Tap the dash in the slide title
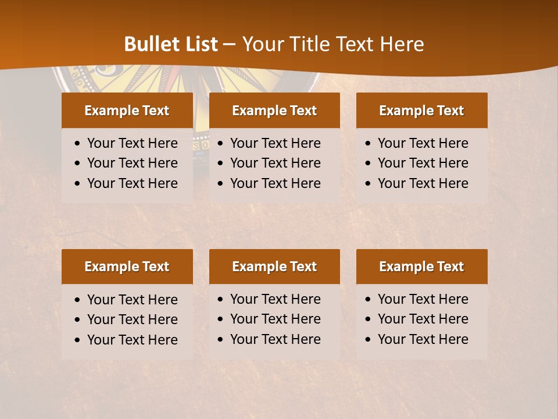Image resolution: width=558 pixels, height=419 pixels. [x=229, y=45]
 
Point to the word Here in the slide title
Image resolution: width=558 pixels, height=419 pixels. [x=402, y=44]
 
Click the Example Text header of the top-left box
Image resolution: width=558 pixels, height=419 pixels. [x=127, y=111]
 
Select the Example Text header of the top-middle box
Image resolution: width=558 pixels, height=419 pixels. [x=274, y=111]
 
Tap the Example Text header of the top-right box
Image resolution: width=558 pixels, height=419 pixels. [x=421, y=111]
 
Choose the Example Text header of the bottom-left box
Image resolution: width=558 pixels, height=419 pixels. [x=127, y=267]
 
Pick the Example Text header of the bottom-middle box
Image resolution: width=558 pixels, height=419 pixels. [x=274, y=267]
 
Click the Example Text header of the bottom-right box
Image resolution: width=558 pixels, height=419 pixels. [x=421, y=267]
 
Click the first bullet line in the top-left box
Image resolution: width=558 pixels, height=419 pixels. [x=133, y=143]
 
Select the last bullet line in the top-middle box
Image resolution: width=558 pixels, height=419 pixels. [x=276, y=183]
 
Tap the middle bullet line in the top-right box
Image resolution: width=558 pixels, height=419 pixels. [x=423, y=163]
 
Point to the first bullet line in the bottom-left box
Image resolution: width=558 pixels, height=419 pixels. [x=133, y=300]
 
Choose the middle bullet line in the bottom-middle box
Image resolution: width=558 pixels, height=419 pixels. [x=276, y=319]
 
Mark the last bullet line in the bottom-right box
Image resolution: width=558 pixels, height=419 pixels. [x=423, y=339]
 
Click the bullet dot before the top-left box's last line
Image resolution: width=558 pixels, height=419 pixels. [x=78, y=184]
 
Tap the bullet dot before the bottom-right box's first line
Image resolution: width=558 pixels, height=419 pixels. [x=369, y=300]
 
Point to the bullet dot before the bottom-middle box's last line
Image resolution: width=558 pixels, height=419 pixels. [x=221, y=340]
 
